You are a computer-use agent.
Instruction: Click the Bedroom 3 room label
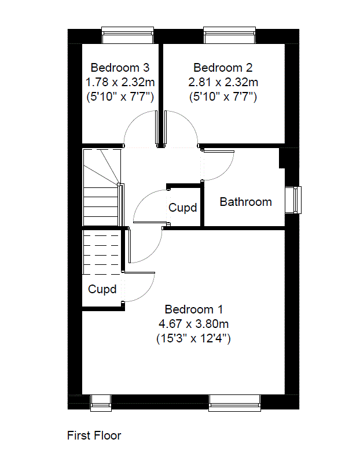pos(120,68)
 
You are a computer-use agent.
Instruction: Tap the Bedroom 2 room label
pos(223,68)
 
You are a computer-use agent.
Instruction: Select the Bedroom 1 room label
pos(194,309)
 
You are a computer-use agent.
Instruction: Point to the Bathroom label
pos(246,202)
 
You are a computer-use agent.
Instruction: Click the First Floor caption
pos(94,435)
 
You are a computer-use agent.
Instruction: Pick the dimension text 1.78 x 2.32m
pos(120,82)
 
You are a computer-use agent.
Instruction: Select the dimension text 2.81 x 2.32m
pos(223,82)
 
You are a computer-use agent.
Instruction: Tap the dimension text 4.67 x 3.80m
pos(194,324)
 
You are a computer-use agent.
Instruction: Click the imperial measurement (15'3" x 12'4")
pos(194,338)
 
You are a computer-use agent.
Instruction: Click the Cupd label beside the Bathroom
pos(183,208)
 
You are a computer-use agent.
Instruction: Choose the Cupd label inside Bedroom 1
pos(102,289)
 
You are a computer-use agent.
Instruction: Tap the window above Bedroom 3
pos(127,35)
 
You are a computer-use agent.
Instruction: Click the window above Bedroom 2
pos(230,35)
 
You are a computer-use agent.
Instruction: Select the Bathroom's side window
pos(293,200)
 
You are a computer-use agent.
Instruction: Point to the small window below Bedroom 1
pos(101,403)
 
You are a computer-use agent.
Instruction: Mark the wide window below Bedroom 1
pos(235,403)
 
